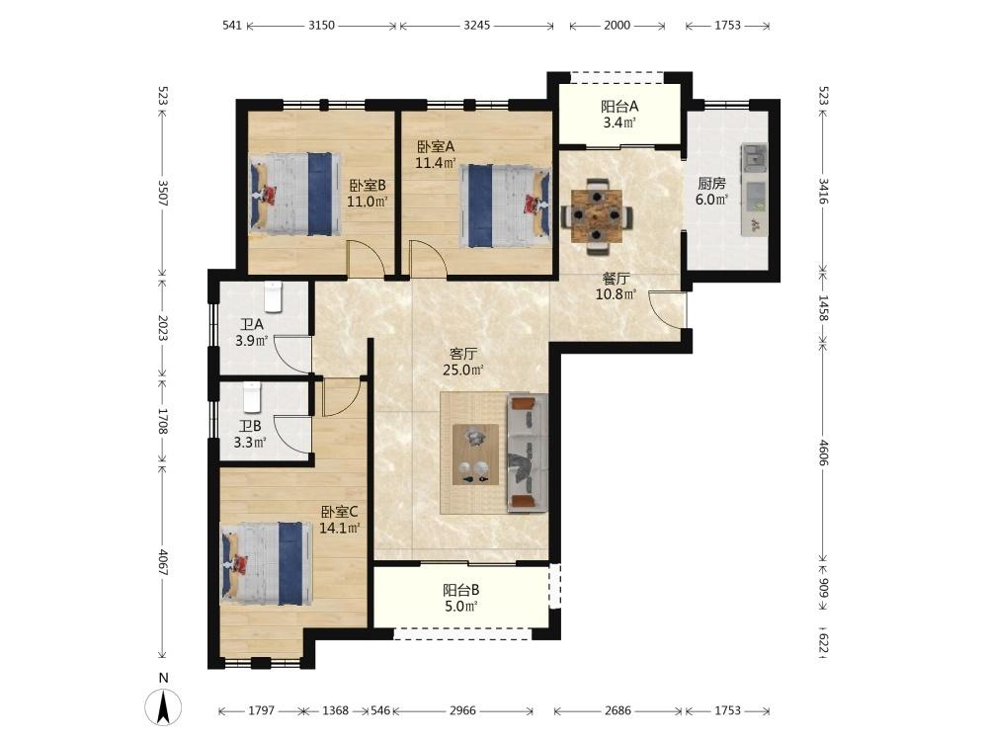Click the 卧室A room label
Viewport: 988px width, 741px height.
pos(436,147)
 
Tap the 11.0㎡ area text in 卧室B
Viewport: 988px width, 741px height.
pos(367,202)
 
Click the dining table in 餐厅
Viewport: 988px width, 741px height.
pos(597,215)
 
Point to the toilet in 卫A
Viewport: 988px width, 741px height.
pos(274,296)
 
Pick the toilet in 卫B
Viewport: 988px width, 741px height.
pos(252,396)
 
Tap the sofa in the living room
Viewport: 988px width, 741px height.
pos(528,452)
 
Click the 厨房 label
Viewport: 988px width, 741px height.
pos(711,184)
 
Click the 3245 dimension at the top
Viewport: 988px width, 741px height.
pos(477,26)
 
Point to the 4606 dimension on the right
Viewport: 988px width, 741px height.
pos(824,453)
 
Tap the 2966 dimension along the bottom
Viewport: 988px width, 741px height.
pos(462,710)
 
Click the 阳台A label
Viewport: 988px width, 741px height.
pos(619,107)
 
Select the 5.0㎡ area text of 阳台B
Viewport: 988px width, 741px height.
pos(460,607)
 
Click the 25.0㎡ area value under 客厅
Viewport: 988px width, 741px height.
pos(462,370)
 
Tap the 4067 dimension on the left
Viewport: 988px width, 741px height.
pos(163,562)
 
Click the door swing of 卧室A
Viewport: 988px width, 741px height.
pos(427,258)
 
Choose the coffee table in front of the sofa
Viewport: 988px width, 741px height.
pos(476,454)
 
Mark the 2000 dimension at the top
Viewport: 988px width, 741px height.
pos(617,26)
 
